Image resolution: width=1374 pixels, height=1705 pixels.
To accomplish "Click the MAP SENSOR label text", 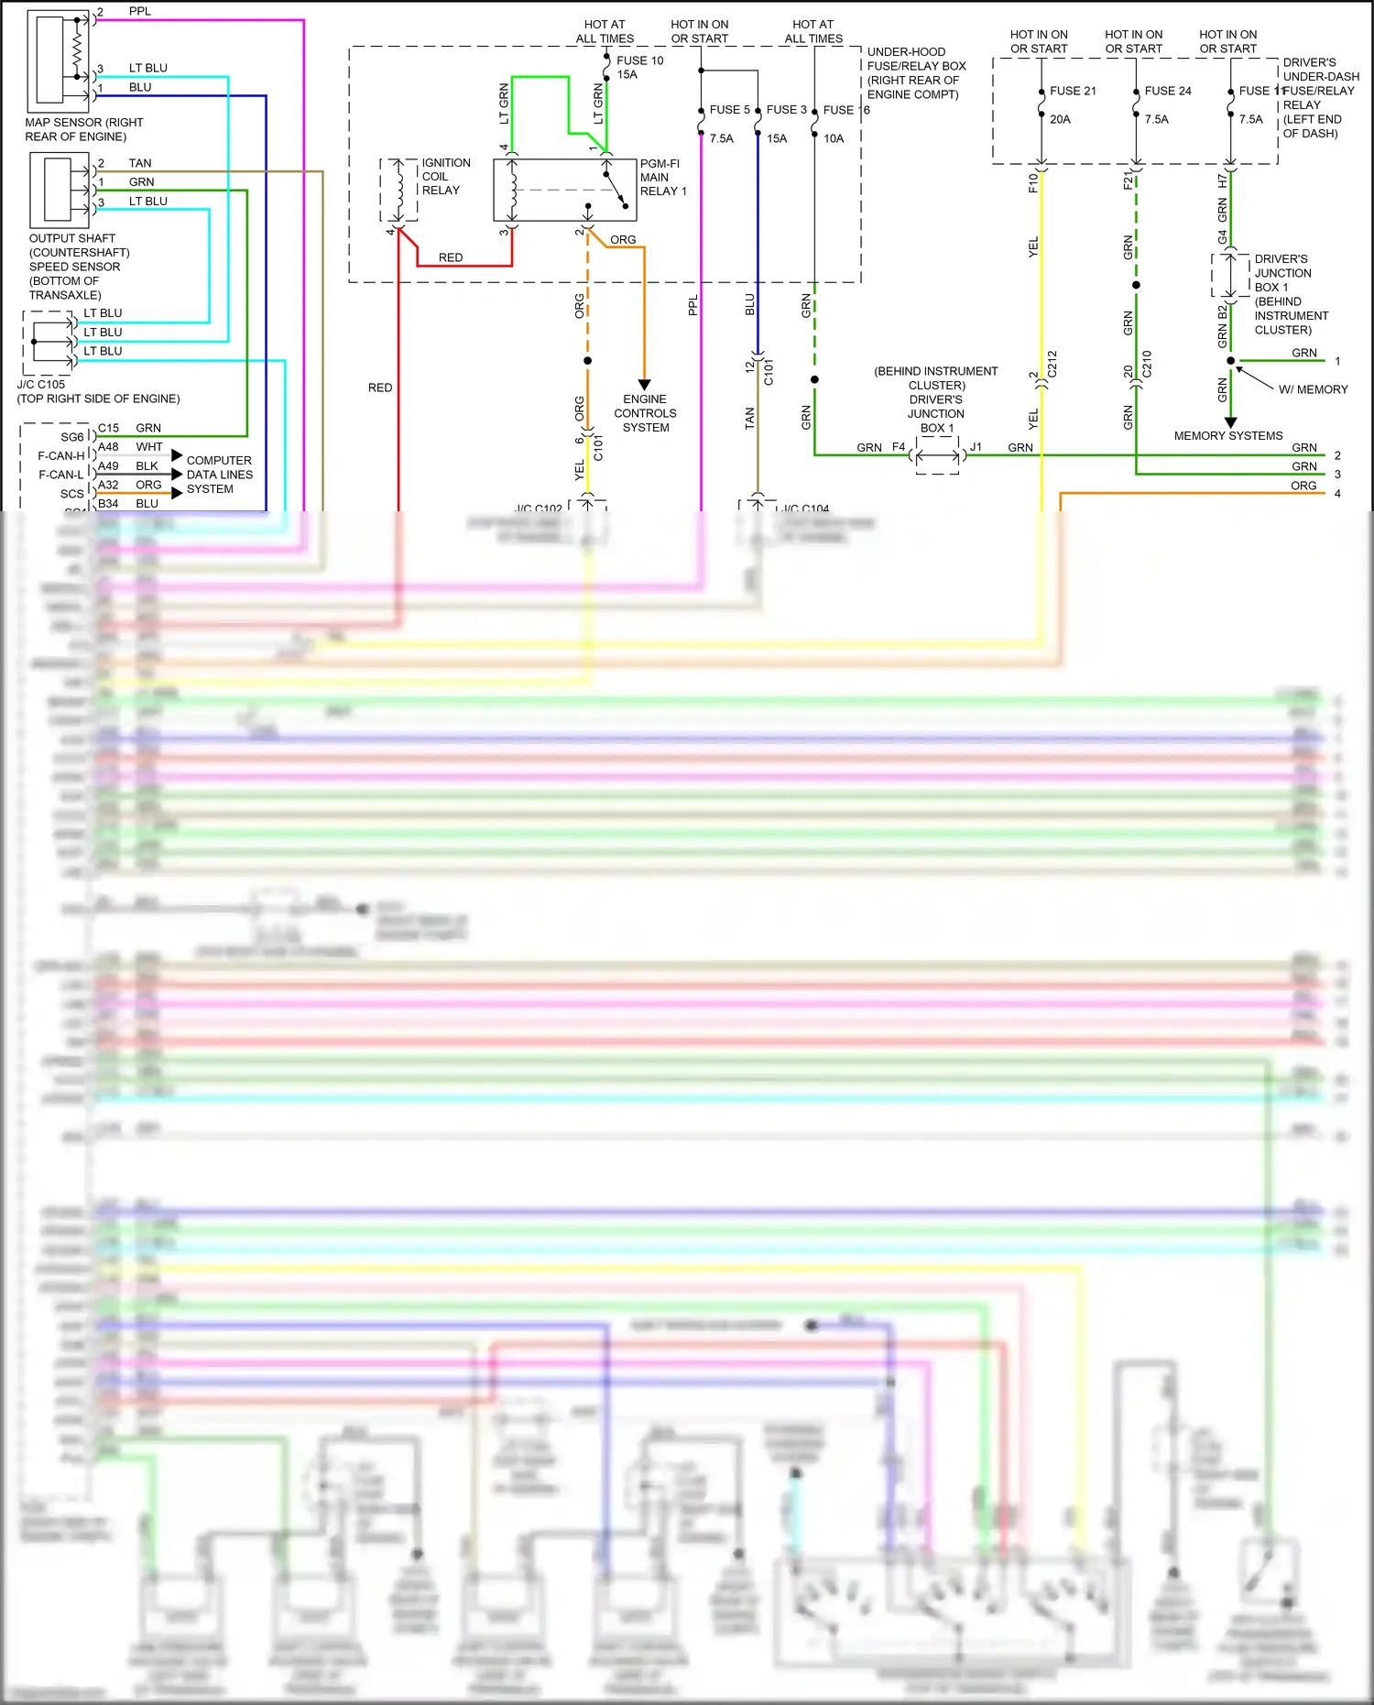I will pos(83,129).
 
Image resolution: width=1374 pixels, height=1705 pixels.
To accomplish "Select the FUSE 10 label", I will pos(639,60).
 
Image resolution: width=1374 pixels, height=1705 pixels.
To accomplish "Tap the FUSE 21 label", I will pos(1073,91).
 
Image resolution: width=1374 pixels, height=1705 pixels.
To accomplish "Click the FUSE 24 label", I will pos(1168,91).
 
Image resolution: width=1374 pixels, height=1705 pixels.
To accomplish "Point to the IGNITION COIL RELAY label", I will pos(445,176).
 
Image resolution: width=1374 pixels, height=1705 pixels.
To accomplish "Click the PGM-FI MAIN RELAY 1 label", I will pos(662,178).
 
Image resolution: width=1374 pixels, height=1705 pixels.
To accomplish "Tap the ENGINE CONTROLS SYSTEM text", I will pos(645,413).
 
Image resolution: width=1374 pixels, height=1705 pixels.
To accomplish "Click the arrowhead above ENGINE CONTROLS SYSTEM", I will pos(644,385).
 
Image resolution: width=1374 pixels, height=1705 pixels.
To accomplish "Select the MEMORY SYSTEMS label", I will pos(1227,436).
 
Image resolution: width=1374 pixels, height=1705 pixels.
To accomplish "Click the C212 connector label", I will pos(1052,364).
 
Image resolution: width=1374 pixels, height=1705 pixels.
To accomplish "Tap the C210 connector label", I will pos(1147,364).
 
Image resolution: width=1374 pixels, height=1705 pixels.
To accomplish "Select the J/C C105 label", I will pos(41,385).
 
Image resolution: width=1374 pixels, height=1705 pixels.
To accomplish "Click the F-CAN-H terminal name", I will pos(60,455).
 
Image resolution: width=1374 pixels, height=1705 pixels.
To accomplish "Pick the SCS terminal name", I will pos(71,494).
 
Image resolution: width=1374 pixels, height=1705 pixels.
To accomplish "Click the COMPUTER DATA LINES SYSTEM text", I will pos(219,475).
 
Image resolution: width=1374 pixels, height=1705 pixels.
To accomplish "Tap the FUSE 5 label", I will pos(729,110).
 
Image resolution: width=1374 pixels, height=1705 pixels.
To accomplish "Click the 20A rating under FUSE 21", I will pos(1060,119).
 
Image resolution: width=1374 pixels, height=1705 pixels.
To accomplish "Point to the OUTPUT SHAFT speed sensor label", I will pos(78,267).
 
